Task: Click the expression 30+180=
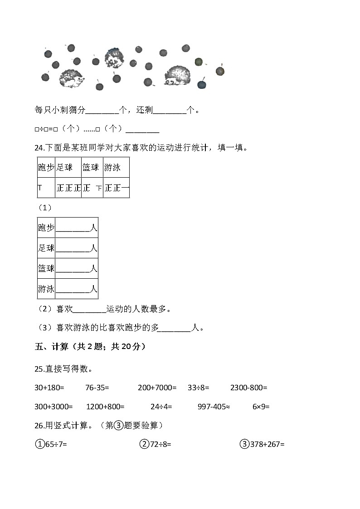tap(49, 388)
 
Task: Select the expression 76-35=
tap(97, 388)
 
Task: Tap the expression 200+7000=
tap(157, 388)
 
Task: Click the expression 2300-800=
tap(248, 388)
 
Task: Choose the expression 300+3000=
tap(53, 407)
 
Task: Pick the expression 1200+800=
tap(105, 407)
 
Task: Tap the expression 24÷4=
tap(161, 407)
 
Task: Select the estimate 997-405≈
tap(214, 407)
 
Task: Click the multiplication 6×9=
tap(261, 407)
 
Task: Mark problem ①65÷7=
tap(51, 444)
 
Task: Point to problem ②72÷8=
tap(155, 444)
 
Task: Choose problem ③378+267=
tap(262, 444)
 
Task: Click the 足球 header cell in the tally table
tap(64, 168)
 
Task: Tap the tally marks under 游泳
tap(117, 188)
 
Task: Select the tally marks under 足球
tap(68, 188)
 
